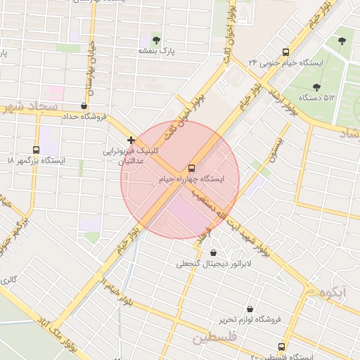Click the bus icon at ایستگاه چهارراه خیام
click(x=191, y=167)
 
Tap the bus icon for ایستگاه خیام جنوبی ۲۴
click(x=285, y=52)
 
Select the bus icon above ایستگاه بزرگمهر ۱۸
click(x=36, y=150)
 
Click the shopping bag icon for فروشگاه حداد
click(x=84, y=105)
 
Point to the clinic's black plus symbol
click(x=131, y=140)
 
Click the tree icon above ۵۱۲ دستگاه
click(x=316, y=86)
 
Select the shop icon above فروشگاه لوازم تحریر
click(x=250, y=309)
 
